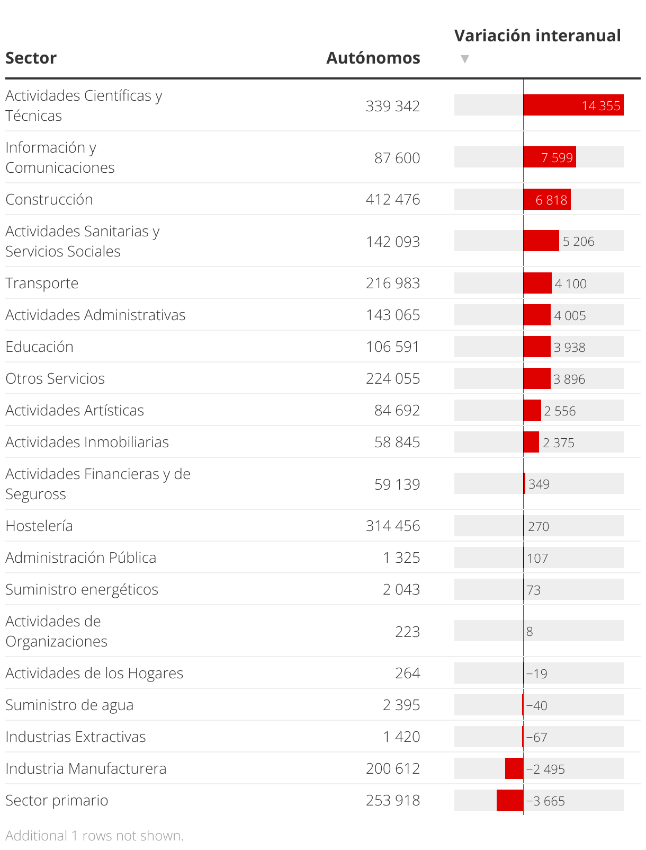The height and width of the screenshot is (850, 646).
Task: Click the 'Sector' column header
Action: (31, 58)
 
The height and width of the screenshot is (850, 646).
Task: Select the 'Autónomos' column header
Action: (373, 58)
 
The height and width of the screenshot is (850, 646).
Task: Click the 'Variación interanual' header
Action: (537, 36)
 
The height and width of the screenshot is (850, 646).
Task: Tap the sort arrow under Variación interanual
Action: (465, 59)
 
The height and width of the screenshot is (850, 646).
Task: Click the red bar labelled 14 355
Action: (573, 105)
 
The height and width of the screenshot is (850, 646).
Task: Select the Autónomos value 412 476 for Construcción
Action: (392, 199)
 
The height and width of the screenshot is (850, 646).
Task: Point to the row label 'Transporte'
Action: (42, 283)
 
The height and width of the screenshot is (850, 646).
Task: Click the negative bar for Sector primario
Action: (510, 800)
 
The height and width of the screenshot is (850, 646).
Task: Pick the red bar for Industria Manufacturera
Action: (514, 768)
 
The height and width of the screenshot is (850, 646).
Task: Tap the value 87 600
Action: (397, 158)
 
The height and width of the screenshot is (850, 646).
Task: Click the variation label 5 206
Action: (578, 242)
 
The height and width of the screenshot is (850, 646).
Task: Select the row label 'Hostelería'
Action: (39, 526)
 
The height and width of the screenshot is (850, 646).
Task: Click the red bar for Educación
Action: (537, 347)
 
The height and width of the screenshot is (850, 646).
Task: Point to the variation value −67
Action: (536, 737)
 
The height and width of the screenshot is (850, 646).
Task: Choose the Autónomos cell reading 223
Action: (407, 632)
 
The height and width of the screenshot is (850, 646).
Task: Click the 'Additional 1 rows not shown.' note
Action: (94, 836)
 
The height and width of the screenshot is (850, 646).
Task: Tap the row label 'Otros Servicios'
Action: (55, 378)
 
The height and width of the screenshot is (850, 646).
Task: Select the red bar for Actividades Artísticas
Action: (532, 410)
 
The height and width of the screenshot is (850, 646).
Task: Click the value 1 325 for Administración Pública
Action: (401, 557)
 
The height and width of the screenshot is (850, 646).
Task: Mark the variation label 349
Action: (539, 484)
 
